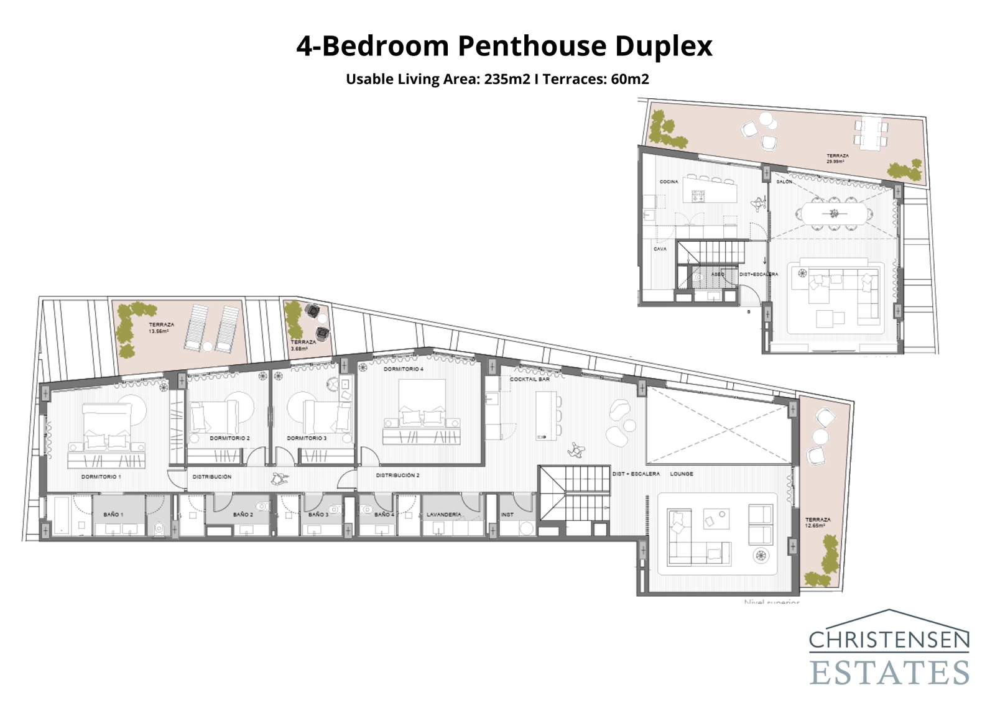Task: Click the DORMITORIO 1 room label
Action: point(101,477)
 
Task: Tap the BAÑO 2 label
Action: point(243,515)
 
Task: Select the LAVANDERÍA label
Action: point(443,515)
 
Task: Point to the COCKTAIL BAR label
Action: point(530,379)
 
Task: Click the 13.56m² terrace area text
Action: point(158,332)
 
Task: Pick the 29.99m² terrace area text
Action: point(835,162)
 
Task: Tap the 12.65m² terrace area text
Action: point(815,526)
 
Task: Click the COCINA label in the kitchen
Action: point(669,182)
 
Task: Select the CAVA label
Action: point(660,249)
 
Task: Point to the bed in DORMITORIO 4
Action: point(422,404)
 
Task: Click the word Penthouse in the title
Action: point(532,46)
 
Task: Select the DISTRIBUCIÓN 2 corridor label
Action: point(397,476)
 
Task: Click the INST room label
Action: point(507,515)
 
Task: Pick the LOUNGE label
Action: point(682,474)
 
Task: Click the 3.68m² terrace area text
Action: point(299,349)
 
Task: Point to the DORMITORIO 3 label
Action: point(307,438)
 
